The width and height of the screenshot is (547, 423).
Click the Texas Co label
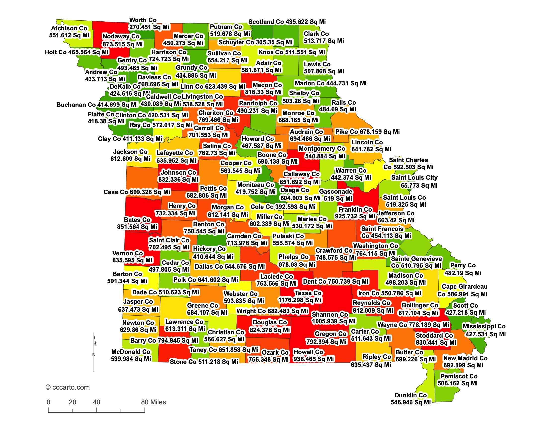click(x=308, y=293)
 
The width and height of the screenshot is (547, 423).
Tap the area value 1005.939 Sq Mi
click(x=333, y=321)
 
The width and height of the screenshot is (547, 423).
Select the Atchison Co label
click(x=69, y=28)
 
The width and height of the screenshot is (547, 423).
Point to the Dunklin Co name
click(x=410, y=395)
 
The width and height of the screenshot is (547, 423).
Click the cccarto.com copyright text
click(x=67, y=387)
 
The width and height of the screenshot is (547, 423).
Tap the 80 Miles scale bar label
click(x=153, y=402)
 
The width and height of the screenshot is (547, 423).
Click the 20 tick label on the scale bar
click(x=72, y=402)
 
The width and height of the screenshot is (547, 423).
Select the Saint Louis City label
click(x=414, y=178)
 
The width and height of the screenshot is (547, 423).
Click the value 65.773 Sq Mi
click(x=419, y=185)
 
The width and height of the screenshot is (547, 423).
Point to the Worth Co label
click(x=143, y=20)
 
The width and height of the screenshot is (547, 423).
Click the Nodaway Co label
click(x=121, y=36)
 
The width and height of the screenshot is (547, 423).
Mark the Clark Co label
click(x=316, y=34)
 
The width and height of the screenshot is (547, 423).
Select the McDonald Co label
click(x=131, y=352)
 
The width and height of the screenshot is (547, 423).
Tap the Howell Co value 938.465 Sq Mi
click(x=314, y=359)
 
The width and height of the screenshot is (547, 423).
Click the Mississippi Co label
click(x=484, y=326)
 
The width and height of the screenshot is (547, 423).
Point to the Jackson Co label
click(x=130, y=152)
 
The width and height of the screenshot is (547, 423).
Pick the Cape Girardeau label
click(x=464, y=286)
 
